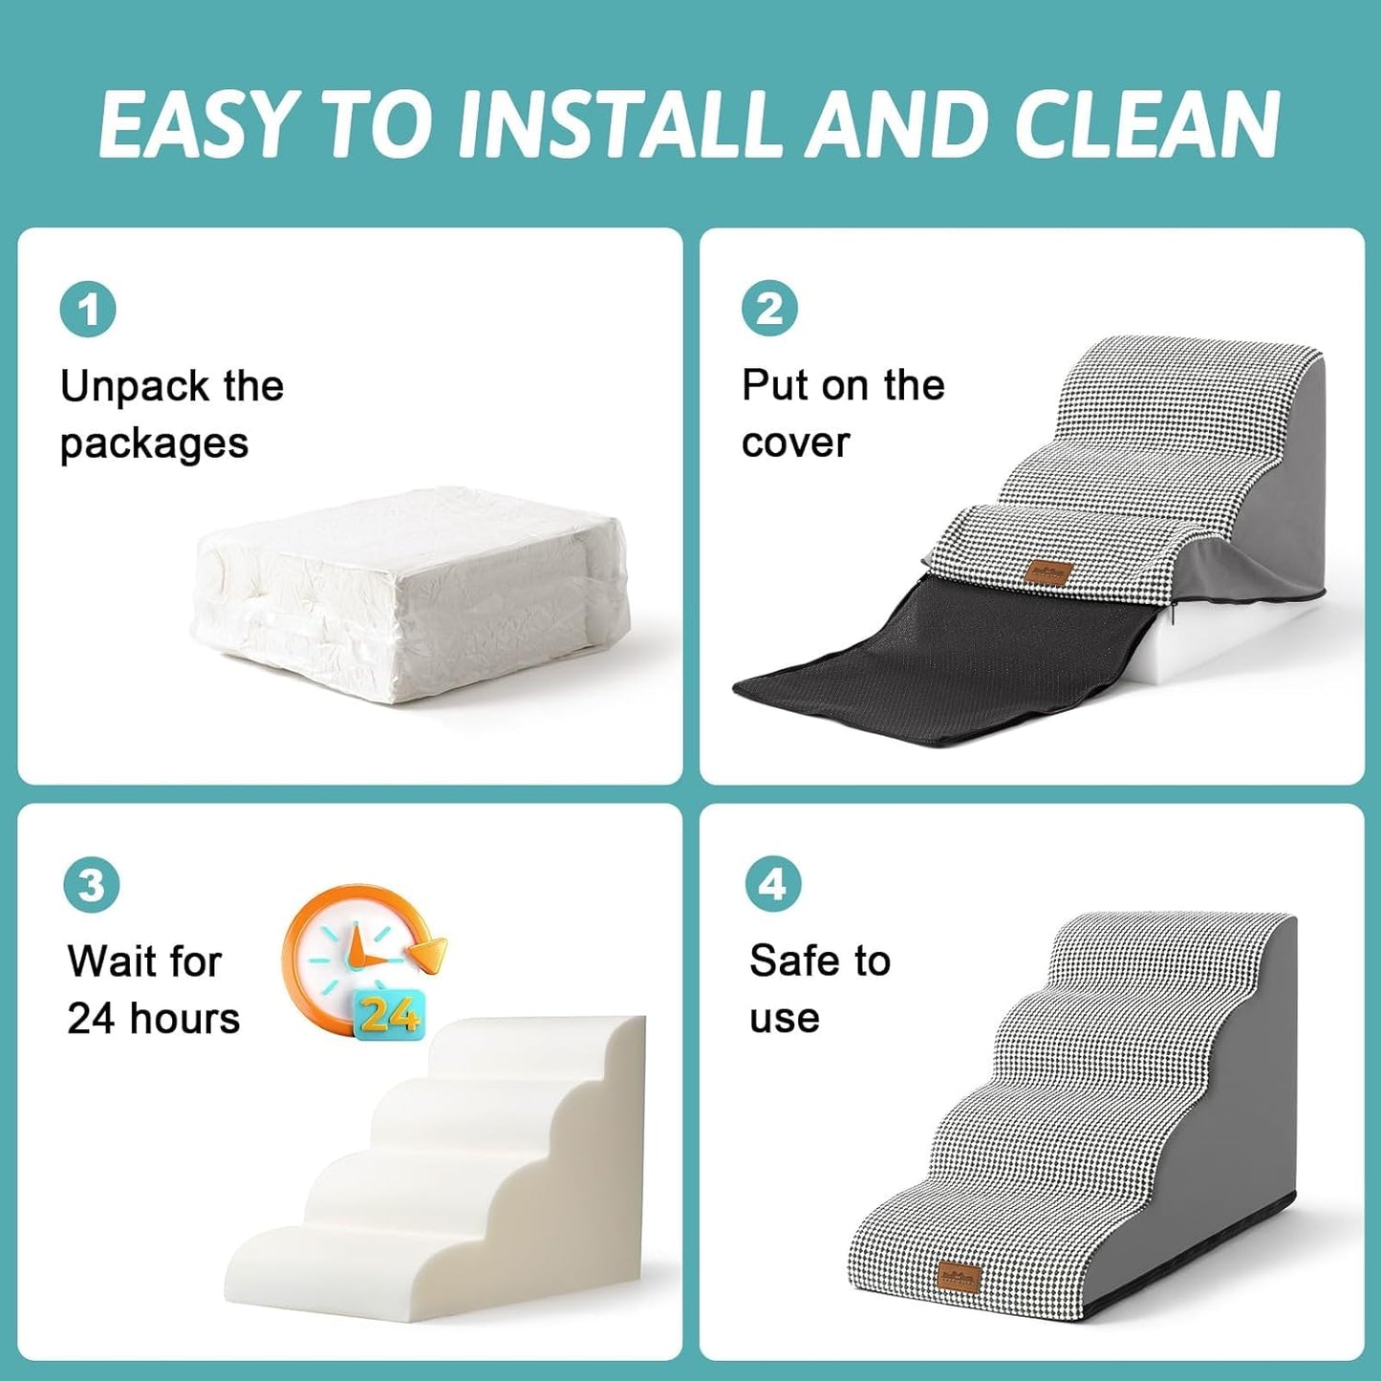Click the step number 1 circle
(x=88, y=310)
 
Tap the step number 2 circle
(x=769, y=309)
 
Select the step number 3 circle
(x=91, y=885)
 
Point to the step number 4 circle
(x=772, y=884)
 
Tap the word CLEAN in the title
(x=1147, y=125)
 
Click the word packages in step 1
(x=154, y=444)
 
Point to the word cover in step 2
(x=795, y=442)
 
